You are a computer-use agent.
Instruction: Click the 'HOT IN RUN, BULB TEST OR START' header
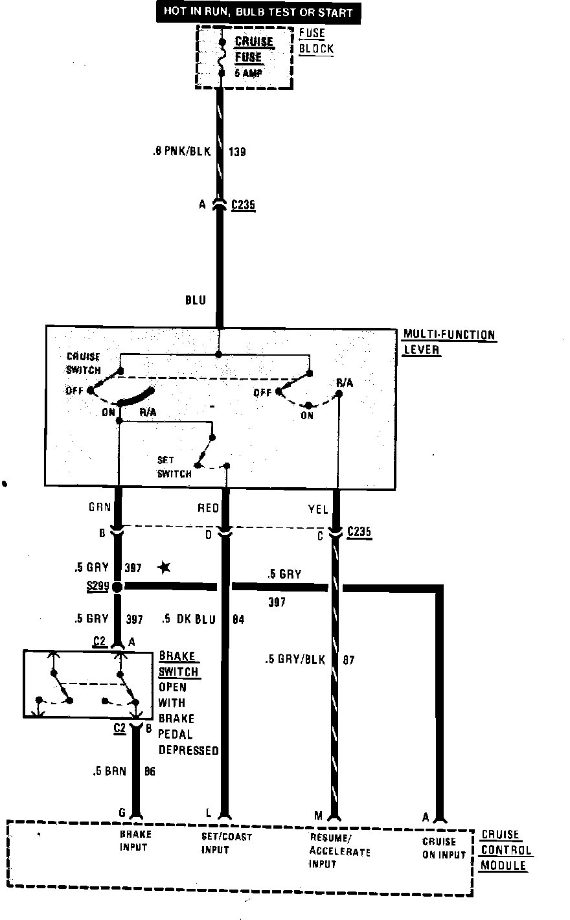[x=257, y=12]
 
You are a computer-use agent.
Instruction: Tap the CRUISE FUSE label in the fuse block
[x=253, y=49]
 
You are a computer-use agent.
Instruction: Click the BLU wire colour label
[x=196, y=300]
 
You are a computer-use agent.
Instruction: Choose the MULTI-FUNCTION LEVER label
[x=449, y=342]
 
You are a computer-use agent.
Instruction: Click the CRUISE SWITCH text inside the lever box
[x=84, y=363]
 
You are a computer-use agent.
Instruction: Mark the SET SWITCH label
[x=174, y=467]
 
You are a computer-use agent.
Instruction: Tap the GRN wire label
[x=100, y=509]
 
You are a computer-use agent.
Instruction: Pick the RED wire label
[x=208, y=509]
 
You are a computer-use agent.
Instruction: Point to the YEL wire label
[x=318, y=510]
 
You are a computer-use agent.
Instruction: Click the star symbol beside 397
[x=165, y=568]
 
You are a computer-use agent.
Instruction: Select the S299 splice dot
[x=117, y=588]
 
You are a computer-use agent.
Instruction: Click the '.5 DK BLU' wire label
[x=188, y=619]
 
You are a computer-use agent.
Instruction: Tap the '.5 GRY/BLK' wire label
[x=295, y=660]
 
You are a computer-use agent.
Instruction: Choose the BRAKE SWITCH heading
[x=178, y=664]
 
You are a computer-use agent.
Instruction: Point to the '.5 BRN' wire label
[x=109, y=772]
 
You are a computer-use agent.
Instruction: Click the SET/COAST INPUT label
[x=226, y=843]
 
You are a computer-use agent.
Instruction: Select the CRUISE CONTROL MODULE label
[x=505, y=850]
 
